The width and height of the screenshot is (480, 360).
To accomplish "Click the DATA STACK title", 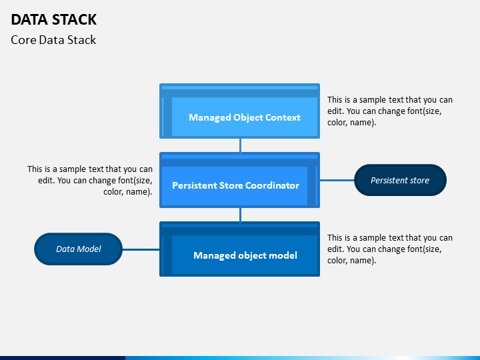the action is [53, 19].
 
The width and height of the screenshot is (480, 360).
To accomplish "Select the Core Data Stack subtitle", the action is [53, 40].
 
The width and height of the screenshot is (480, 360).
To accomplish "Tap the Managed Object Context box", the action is [240, 111].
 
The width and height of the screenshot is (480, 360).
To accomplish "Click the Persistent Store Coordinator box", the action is [240, 180].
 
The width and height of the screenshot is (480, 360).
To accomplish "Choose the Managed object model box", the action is [240, 249].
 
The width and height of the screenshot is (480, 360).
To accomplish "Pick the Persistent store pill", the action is [400, 180].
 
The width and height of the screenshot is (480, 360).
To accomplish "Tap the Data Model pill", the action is [79, 249].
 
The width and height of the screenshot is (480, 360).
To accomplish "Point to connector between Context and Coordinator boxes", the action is [240, 146].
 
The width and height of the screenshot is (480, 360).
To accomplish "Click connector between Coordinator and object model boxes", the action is [240, 215].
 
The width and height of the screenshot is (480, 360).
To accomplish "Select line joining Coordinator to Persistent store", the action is [337, 180].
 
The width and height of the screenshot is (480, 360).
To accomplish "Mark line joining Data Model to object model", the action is [141, 249].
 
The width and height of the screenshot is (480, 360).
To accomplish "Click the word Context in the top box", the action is [283, 117].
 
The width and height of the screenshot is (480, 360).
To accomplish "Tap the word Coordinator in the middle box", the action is [272, 185].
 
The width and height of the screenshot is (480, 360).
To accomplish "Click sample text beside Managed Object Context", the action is [390, 111].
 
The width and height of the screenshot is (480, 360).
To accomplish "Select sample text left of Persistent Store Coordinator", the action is [90, 180].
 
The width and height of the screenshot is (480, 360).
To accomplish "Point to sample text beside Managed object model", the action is [390, 249].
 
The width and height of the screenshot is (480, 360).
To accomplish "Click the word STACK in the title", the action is [75, 19].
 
